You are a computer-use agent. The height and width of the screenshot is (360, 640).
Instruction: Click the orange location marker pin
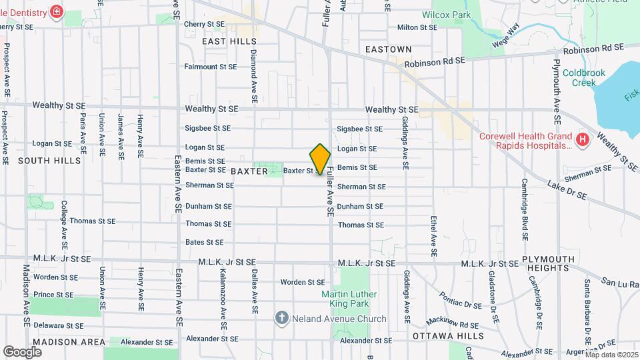pyautogui.click(x=321, y=159)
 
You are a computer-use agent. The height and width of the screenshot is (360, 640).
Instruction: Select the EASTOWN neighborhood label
pyautogui.click(x=389, y=49)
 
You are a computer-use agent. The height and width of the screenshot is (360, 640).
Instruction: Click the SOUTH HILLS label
pyautogui.click(x=49, y=161)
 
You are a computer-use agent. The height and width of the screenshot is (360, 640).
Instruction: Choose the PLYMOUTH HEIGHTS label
pyautogui.click(x=547, y=263)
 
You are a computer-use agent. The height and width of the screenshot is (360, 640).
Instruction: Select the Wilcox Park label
pyautogui.click(x=446, y=15)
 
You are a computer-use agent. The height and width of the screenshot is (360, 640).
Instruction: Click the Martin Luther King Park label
pyautogui.click(x=349, y=299)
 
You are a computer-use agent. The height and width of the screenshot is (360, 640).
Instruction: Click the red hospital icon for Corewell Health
pyautogui.click(x=583, y=139)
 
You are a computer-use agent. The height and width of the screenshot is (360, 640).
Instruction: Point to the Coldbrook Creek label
pyautogui.click(x=578, y=77)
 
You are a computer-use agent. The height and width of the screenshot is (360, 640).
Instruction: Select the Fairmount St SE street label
pyautogui.click(x=211, y=67)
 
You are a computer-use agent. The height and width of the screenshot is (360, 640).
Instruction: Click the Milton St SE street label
pyautogui.click(x=417, y=27)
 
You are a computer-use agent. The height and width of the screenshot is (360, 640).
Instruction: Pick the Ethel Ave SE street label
pyautogui.click(x=433, y=237)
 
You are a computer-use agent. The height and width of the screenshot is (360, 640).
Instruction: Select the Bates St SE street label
pyautogui.click(x=205, y=242)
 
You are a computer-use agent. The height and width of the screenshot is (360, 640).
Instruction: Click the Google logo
pyautogui.click(x=22, y=351)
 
